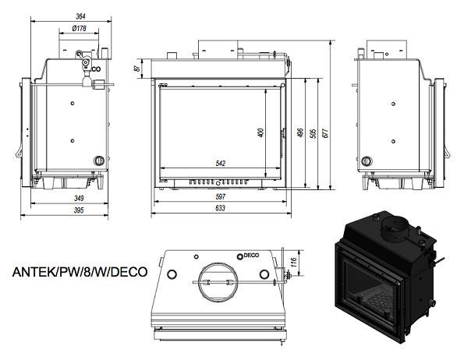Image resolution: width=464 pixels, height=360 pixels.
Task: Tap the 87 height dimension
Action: pyautogui.click(x=137, y=69)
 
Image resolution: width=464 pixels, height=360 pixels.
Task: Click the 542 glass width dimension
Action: pyautogui.click(x=220, y=163)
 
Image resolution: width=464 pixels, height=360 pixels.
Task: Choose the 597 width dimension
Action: pyautogui.click(x=220, y=197)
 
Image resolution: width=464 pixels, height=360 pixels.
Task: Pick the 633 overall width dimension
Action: pyautogui.click(x=220, y=209)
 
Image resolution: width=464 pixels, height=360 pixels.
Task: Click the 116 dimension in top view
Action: pyautogui.click(x=293, y=261)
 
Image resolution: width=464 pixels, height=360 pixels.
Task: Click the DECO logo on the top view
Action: pyautogui.click(x=247, y=254)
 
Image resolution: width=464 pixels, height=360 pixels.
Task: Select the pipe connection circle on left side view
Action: pyautogui.click(x=99, y=160)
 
